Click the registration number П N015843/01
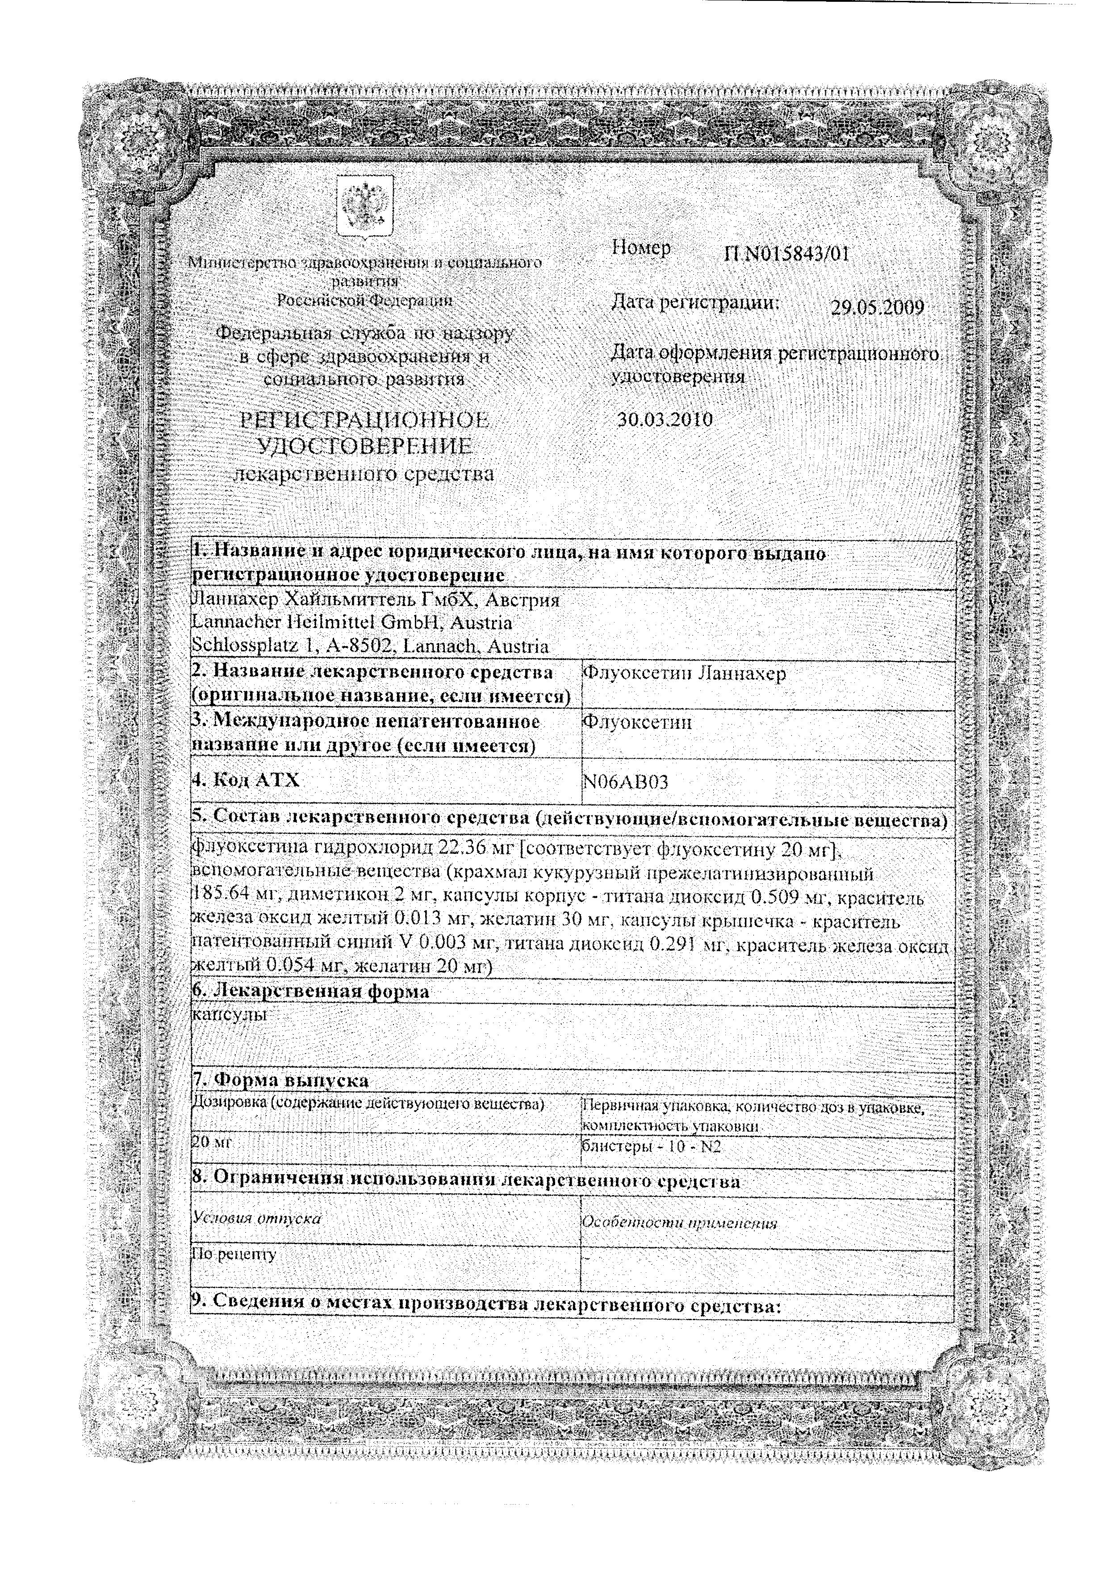click(786, 255)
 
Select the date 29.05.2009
click(877, 307)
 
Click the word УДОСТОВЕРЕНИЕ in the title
click(365, 447)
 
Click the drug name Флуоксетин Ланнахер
click(683, 673)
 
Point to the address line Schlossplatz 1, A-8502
click(294, 646)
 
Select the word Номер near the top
click(641, 249)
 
